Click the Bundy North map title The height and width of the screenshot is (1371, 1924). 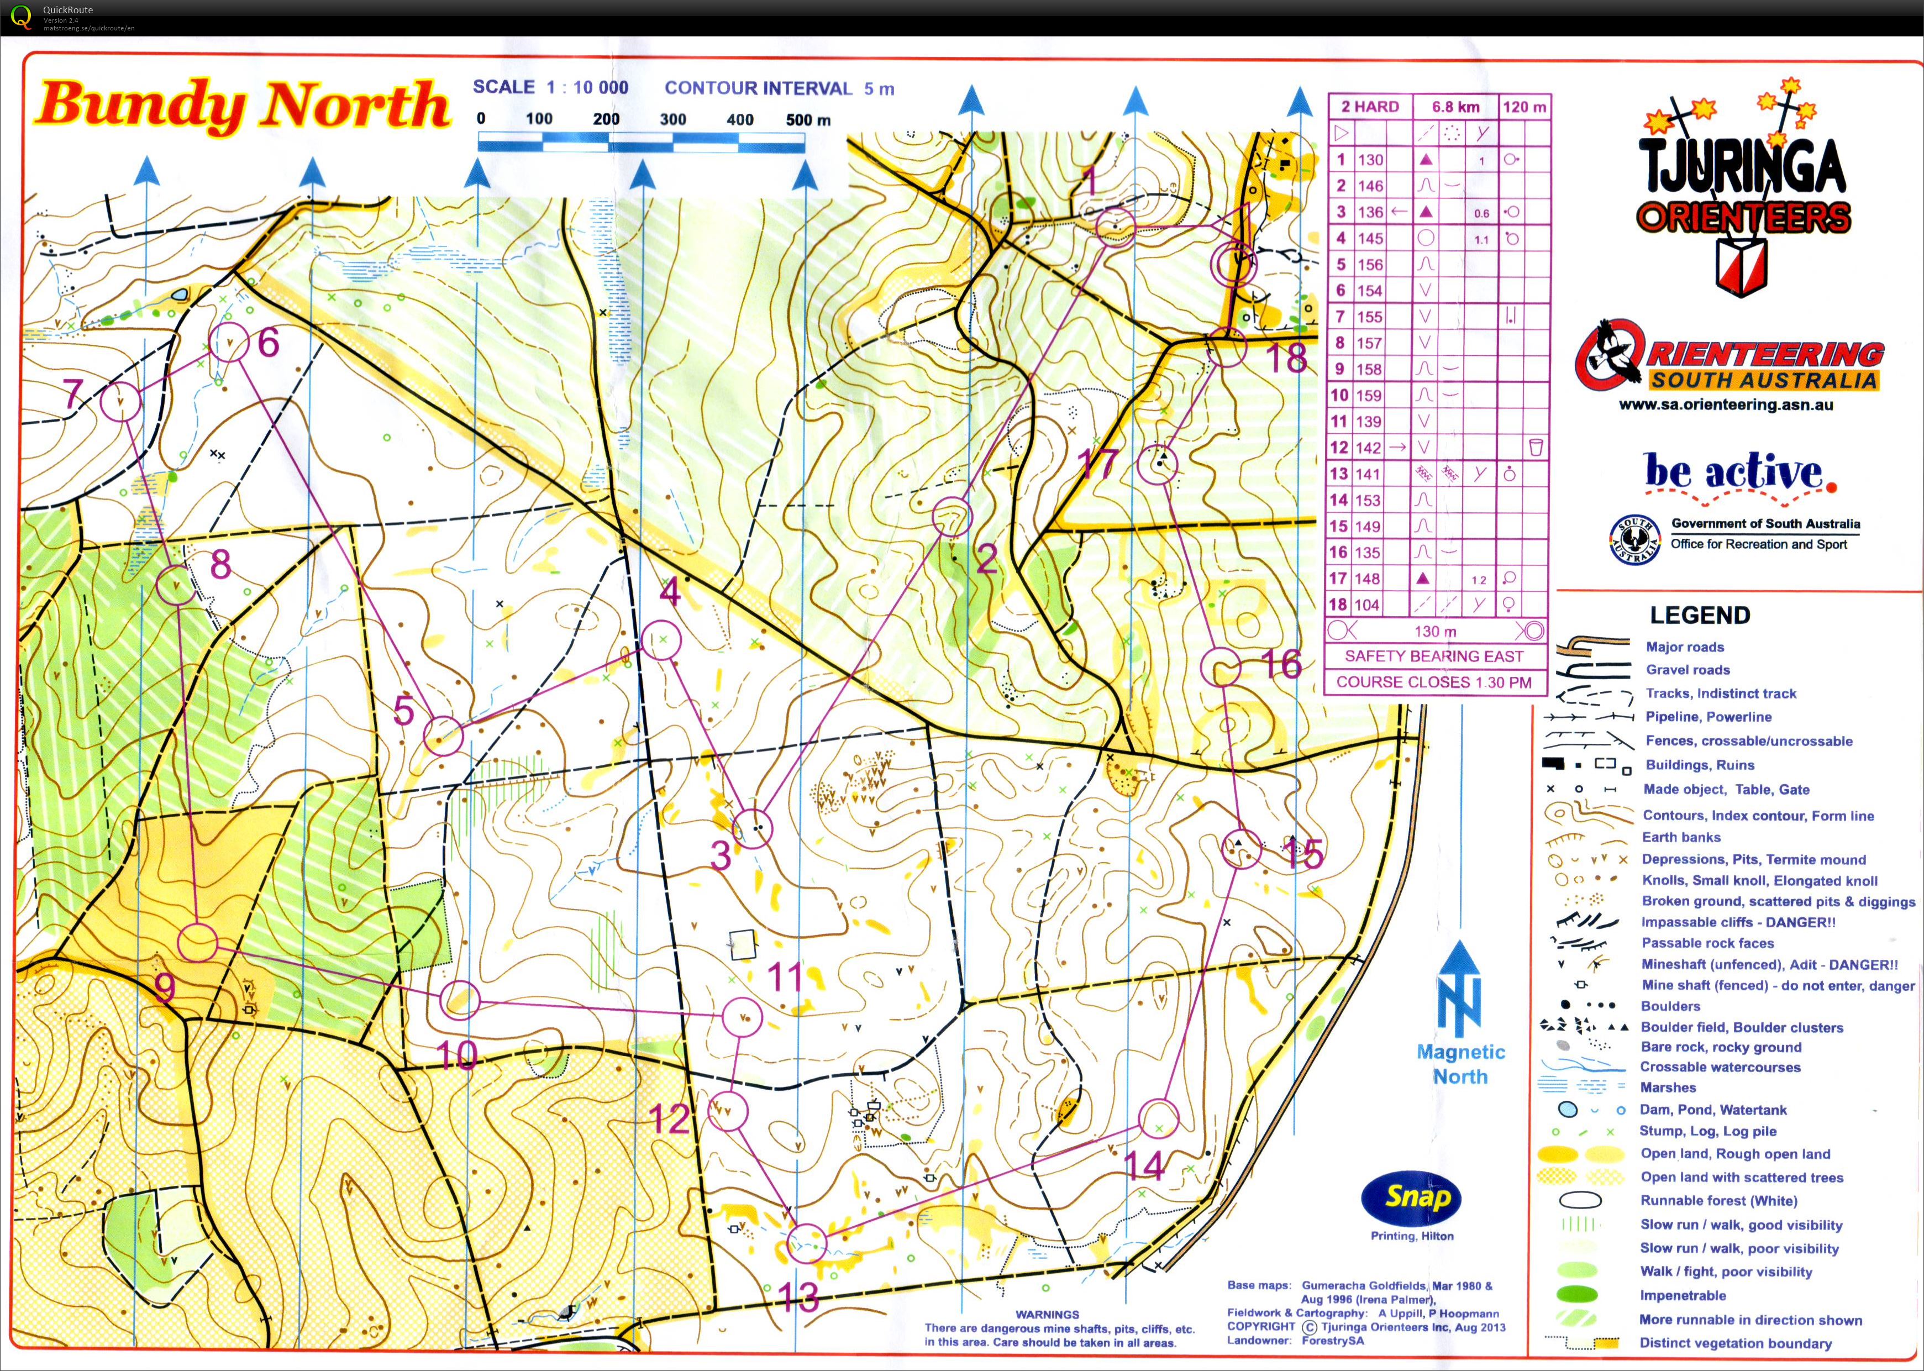tap(242, 106)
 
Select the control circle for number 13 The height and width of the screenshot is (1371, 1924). tap(807, 1243)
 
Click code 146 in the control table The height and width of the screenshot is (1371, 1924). tap(1370, 186)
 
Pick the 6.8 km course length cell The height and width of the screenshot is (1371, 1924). tap(1455, 107)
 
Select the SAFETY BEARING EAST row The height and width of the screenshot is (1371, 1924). tap(1433, 656)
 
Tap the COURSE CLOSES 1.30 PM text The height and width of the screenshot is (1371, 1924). tap(1433, 682)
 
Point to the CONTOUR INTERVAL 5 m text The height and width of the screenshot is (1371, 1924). tap(779, 88)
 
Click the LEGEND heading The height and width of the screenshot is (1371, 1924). tap(1700, 616)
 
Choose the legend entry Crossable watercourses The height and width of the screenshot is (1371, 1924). tap(1719, 1067)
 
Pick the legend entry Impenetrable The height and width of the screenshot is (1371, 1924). tap(1682, 1295)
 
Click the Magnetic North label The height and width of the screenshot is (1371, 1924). tap(1460, 1064)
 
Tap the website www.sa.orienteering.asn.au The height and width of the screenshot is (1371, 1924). tap(1725, 405)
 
